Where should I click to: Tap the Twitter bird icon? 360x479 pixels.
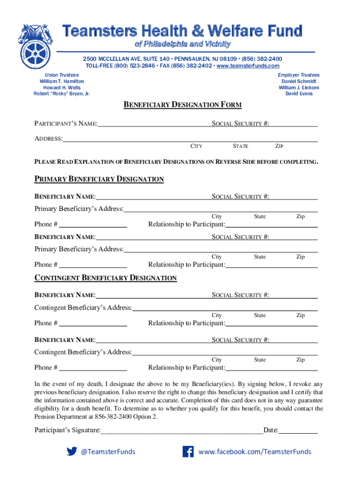click(x=72, y=451)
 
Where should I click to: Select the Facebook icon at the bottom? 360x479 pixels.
click(x=188, y=451)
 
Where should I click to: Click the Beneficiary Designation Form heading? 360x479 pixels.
click(x=182, y=105)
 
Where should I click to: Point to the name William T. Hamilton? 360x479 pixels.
click(x=62, y=81)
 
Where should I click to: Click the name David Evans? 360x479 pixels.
click(x=299, y=94)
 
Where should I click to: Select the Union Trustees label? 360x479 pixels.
click(x=62, y=75)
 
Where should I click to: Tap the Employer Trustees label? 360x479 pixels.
click(x=299, y=75)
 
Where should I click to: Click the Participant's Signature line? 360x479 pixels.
click(x=181, y=430)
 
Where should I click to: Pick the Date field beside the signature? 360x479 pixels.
click(x=298, y=430)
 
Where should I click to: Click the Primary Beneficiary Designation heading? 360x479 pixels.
click(x=99, y=179)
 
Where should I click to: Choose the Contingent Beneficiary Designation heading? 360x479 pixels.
click(x=106, y=278)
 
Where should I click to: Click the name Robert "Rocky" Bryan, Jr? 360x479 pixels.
click(x=62, y=94)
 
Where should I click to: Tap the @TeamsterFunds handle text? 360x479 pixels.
click(x=108, y=451)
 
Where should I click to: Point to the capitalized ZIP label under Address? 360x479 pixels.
click(x=279, y=146)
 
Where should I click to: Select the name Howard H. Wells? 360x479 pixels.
click(x=62, y=87)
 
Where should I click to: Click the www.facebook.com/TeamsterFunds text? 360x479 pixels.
click(x=255, y=451)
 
